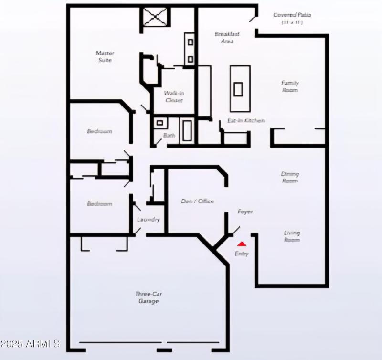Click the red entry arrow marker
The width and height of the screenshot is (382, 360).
point(242,244)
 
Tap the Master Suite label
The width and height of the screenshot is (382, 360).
point(105,56)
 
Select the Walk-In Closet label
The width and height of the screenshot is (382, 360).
point(174,96)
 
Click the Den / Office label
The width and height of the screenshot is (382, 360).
point(198,201)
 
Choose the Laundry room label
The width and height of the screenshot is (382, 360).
point(148,220)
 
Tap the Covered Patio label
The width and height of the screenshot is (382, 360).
point(292,18)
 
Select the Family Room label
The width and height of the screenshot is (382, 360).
point(290,86)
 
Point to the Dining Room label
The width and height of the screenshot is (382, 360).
point(290,177)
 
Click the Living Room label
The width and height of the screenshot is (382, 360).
point(292,236)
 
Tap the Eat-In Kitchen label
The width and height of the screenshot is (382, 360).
point(245,121)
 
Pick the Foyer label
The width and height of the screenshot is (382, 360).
point(245,212)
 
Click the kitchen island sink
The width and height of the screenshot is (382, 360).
point(238,89)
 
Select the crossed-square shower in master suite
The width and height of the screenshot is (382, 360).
point(155,19)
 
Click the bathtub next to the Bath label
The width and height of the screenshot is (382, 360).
point(187,130)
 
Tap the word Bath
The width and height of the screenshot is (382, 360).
point(169,136)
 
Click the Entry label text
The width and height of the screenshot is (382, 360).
point(242,254)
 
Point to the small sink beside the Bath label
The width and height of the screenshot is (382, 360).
point(160,123)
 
